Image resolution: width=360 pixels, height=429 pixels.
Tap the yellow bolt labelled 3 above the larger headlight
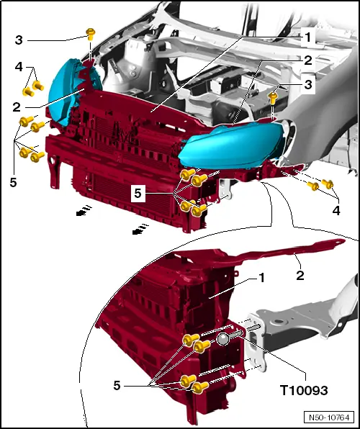(x=274, y=94)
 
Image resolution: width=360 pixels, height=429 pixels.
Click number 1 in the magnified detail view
(x=262, y=277)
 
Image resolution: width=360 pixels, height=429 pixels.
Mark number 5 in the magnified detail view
(x=117, y=385)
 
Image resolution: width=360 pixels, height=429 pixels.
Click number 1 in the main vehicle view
(x=307, y=35)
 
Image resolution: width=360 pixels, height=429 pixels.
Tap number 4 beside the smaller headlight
(x=19, y=67)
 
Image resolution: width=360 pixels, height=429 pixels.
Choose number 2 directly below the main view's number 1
(x=307, y=60)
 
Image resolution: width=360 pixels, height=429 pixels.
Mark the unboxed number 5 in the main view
(x=13, y=181)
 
